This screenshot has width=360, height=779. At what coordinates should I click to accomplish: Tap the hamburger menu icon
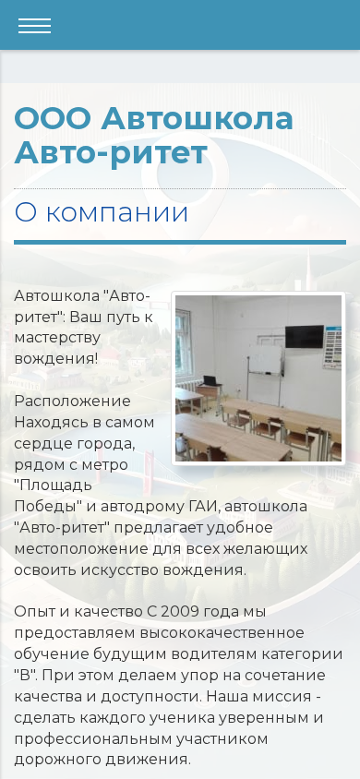[x=35, y=25]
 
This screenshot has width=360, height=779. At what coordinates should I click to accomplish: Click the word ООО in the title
[x=54, y=119]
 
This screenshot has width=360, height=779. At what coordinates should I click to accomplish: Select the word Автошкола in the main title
[x=198, y=119]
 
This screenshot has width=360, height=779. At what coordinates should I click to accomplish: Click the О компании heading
[x=102, y=212]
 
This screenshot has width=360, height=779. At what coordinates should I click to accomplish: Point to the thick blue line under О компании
[x=180, y=243]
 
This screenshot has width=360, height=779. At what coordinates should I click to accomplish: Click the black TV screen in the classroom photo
[x=305, y=336]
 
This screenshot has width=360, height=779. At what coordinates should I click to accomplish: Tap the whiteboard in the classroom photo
[x=266, y=359]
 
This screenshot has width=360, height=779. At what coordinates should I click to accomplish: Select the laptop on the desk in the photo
[x=210, y=380]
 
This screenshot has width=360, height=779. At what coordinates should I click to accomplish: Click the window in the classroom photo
[x=183, y=342]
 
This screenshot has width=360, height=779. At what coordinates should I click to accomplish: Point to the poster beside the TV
[x=332, y=348]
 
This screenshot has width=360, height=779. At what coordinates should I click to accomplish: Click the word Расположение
[x=73, y=401]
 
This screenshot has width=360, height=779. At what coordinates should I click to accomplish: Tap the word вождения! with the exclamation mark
[x=56, y=358]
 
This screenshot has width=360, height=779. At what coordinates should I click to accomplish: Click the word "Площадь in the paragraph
[x=54, y=485]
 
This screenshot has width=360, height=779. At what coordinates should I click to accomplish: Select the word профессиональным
[x=93, y=739]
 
